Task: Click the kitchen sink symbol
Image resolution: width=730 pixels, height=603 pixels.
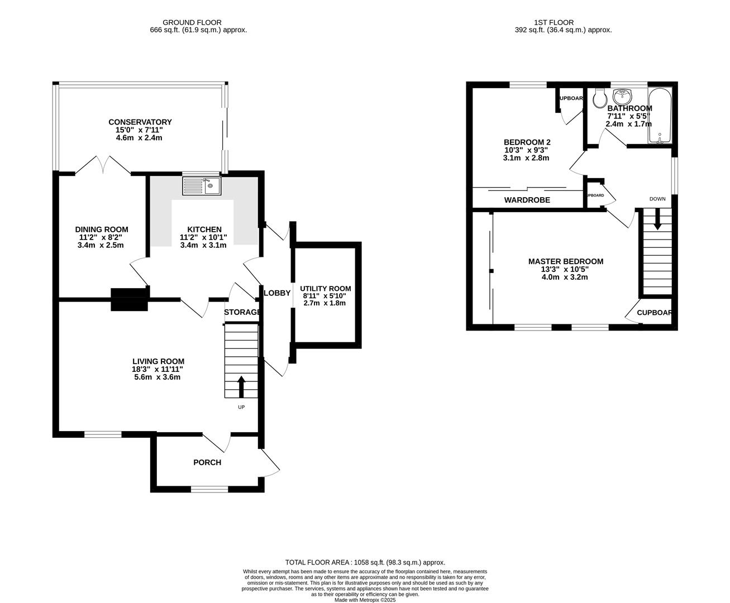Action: click(202, 185)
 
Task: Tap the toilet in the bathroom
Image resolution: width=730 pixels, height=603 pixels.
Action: click(600, 98)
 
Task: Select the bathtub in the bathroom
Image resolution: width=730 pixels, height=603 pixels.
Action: click(661, 116)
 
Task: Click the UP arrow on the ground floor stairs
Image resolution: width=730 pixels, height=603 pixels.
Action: click(241, 386)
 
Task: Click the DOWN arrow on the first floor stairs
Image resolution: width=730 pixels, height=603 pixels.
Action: click(657, 219)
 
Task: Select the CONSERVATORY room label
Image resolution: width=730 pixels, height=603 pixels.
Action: click(140, 122)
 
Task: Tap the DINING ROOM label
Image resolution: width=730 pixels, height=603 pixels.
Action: click(102, 229)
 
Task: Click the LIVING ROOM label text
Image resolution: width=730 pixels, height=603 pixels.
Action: click(158, 361)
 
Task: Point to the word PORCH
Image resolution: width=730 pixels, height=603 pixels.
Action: click(207, 462)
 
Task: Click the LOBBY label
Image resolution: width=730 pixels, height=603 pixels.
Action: click(277, 293)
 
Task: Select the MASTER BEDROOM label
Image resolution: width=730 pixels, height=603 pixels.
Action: click(566, 261)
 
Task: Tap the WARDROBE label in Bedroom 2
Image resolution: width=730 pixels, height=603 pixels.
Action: click(527, 200)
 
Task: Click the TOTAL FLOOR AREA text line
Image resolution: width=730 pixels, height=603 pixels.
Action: click(365, 562)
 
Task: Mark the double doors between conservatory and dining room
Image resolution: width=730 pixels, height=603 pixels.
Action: click(103, 165)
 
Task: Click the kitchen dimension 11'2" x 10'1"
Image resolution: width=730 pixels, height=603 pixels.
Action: click(203, 237)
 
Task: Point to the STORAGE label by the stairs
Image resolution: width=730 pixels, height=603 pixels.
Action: click(242, 312)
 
